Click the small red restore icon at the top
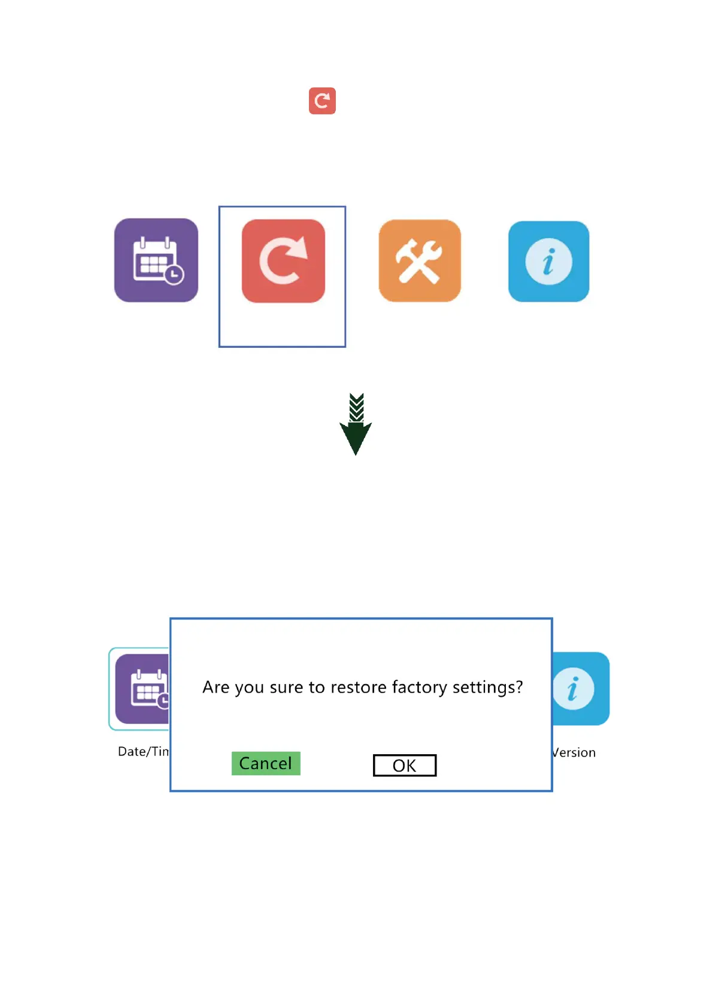click(322, 101)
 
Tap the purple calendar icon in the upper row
click(156, 260)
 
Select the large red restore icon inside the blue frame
click(283, 261)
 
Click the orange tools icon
click(420, 261)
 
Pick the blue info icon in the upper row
click(548, 262)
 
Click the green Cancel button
click(266, 763)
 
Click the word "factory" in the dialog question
click(419, 687)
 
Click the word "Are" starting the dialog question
click(216, 687)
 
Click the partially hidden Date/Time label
click(144, 752)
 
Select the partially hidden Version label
click(574, 752)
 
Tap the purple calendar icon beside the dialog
click(142, 689)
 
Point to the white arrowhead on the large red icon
click(299, 247)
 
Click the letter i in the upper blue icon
click(548, 262)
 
